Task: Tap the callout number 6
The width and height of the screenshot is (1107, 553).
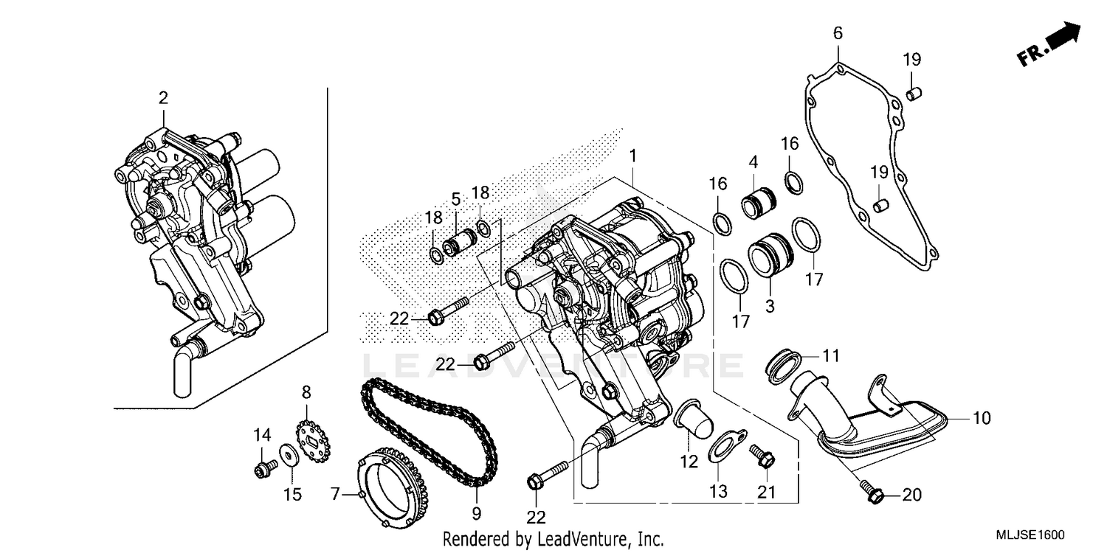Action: [838, 33]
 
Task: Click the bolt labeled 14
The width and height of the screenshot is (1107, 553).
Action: [264, 466]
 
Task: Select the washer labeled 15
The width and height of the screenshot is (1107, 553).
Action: [289, 456]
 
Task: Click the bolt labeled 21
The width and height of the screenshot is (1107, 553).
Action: [763, 456]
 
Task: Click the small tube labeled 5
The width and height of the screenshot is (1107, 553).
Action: [458, 242]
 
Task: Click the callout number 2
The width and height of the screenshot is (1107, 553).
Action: [163, 97]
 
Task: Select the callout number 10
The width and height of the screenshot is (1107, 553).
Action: [980, 418]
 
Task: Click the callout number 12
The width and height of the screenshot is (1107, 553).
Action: [689, 462]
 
